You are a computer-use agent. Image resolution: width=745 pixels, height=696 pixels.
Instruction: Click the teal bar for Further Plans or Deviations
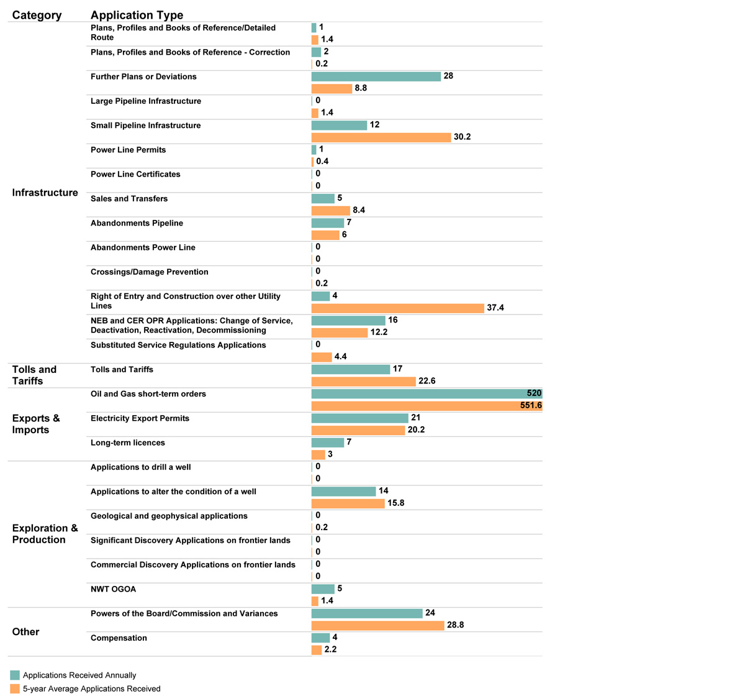tap(376, 76)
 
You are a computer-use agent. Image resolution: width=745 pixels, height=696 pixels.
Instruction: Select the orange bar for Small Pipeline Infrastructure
tap(381, 137)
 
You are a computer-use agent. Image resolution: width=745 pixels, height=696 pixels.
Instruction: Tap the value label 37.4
tap(495, 308)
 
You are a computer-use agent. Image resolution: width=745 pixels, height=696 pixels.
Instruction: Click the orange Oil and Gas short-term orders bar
tap(427, 406)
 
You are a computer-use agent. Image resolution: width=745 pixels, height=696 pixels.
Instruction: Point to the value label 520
tap(534, 393)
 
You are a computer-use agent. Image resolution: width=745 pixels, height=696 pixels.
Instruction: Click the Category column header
tap(37, 16)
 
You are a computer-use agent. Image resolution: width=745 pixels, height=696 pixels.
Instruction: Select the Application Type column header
tap(137, 16)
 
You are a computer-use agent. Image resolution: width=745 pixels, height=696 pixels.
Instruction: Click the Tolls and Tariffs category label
tap(34, 375)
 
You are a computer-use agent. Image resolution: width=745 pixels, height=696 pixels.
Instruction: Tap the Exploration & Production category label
tap(45, 534)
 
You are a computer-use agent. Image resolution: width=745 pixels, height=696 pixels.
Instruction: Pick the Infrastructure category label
tap(45, 193)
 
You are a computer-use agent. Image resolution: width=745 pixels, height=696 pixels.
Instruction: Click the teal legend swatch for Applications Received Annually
tap(15, 675)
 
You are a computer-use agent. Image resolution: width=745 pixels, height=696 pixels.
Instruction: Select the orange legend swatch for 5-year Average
tap(15, 689)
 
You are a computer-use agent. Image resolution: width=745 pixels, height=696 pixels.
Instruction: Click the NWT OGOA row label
tap(113, 589)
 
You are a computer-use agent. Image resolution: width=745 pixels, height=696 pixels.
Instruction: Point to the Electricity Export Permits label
tap(140, 418)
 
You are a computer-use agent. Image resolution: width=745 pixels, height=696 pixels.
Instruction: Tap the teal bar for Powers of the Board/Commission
tap(367, 613)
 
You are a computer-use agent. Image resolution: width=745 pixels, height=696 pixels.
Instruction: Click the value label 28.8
tap(455, 625)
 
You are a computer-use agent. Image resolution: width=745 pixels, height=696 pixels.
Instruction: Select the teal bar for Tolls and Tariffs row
tap(351, 369)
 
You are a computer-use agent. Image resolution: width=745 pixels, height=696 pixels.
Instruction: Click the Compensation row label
tap(119, 638)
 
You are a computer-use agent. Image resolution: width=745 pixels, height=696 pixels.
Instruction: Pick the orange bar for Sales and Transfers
tap(330, 211)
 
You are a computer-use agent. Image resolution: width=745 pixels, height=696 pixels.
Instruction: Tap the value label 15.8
tap(395, 503)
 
